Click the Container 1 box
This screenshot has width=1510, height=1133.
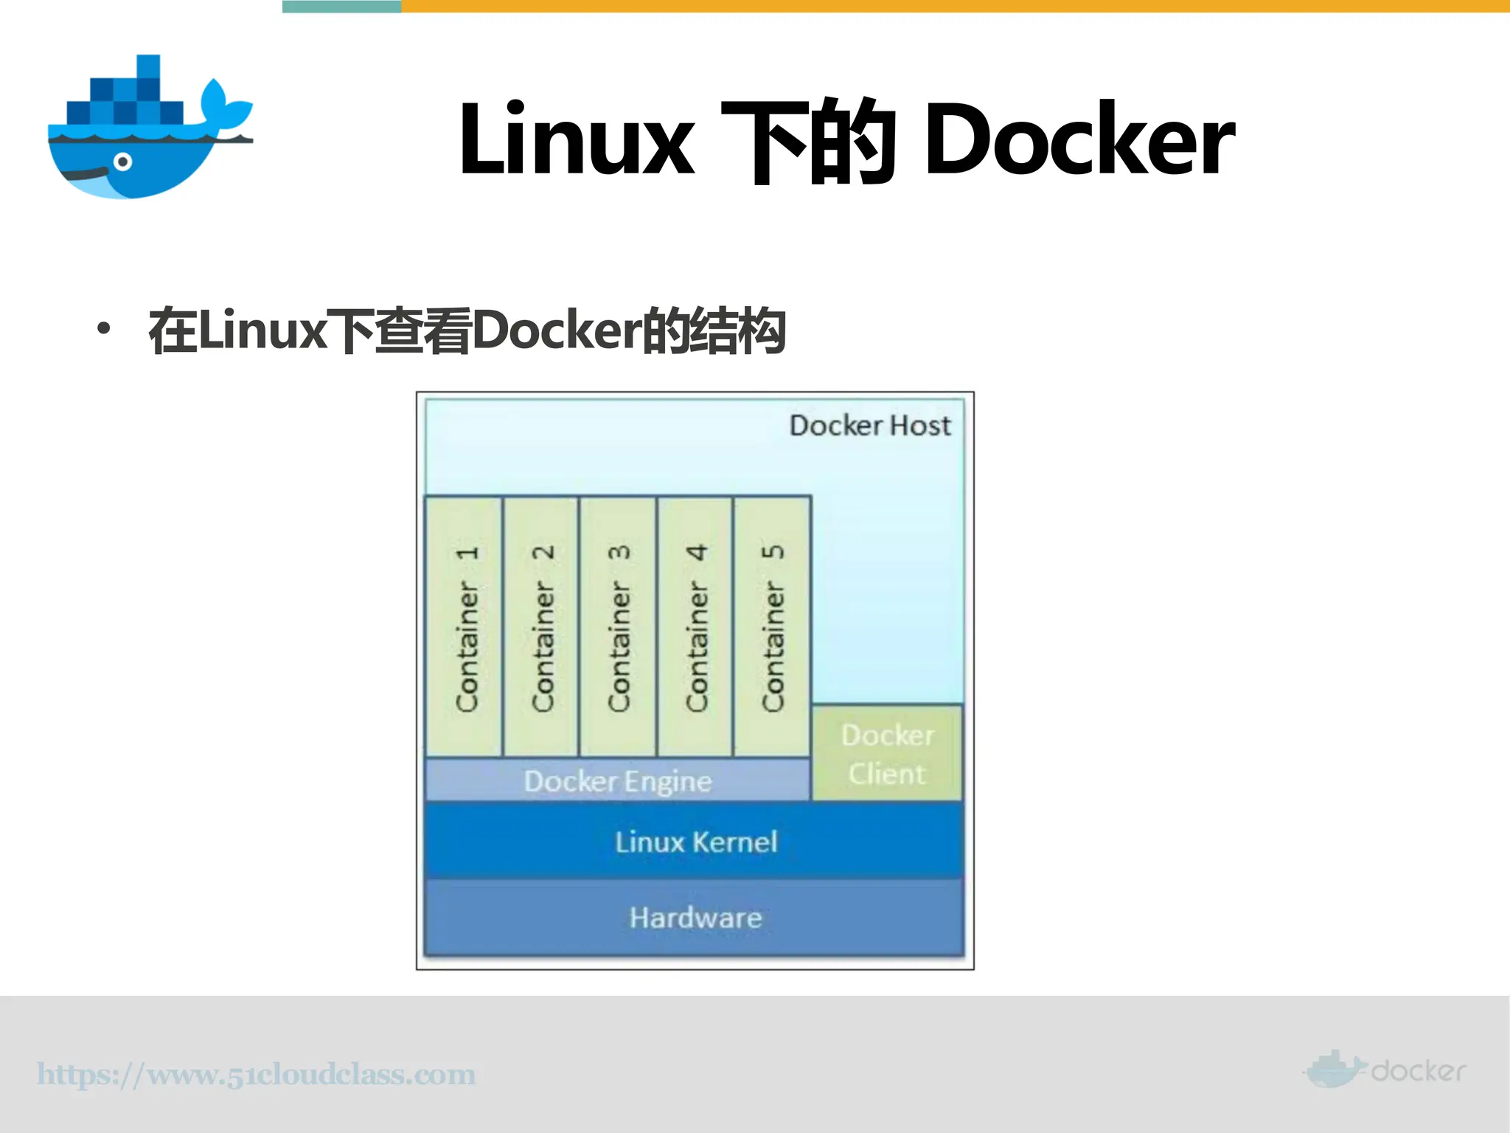[x=464, y=627]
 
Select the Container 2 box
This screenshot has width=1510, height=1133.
[x=540, y=627]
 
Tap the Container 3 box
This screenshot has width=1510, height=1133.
[x=618, y=627]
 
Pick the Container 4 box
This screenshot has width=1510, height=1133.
[x=695, y=627]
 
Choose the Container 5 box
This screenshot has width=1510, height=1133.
[x=772, y=627]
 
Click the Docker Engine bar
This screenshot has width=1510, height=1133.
[x=618, y=780]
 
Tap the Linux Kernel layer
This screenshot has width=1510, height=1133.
[x=695, y=842]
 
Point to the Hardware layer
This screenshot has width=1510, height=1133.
[x=695, y=918]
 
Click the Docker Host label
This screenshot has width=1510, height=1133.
[x=870, y=426]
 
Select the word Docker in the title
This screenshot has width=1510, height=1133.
[x=1079, y=140]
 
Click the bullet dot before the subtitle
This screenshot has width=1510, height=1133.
[x=104, y=329]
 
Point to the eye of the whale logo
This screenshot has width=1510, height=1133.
[x=123, y=162]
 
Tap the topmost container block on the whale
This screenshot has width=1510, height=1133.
[x=148, y=66]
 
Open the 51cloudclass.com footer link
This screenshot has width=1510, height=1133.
[x=256, y=1074]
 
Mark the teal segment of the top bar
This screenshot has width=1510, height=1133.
[x=341, y=6]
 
